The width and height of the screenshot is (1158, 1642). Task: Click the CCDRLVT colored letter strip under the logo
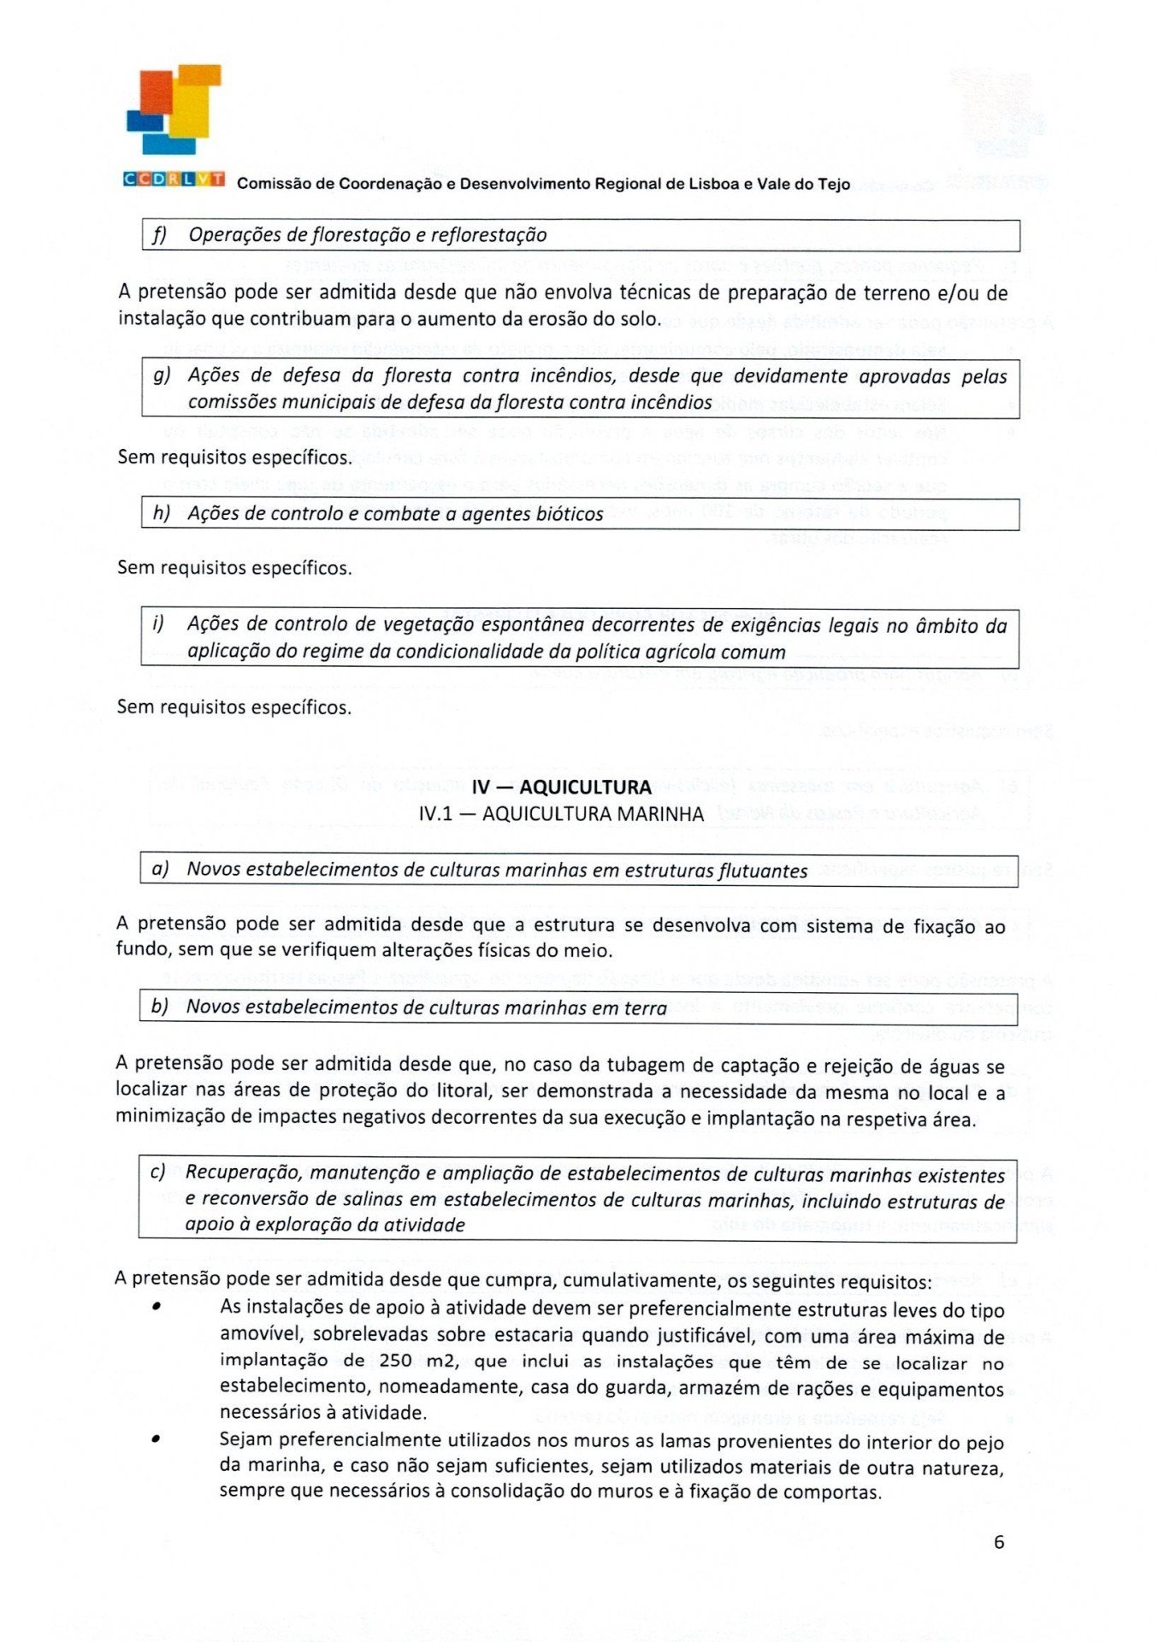coord(174,179)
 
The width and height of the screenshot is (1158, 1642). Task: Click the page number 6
coord(999,1542)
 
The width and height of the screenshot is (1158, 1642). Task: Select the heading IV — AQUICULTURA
coord(561,787)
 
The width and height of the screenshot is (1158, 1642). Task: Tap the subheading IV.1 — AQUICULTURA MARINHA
coord(561,813)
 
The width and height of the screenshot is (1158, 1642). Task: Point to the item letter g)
coord(162,375)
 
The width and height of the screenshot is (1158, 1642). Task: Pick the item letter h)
coord(161,512)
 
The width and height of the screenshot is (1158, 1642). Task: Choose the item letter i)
coord(157,623)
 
